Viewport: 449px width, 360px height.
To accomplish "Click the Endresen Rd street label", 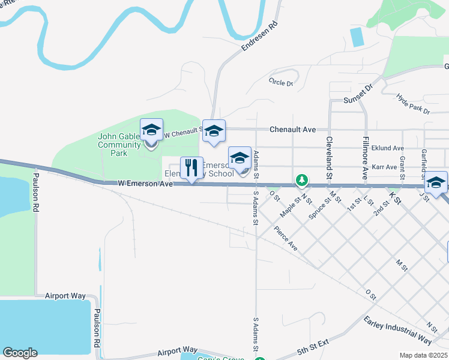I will tap(259, 37).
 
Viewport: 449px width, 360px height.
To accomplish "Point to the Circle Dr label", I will tap(281, 82).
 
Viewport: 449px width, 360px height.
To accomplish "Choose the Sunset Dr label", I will tap(358, 94).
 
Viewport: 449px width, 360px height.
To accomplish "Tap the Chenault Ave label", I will tap(292, 129).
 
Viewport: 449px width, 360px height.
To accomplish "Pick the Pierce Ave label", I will tap(285, 238).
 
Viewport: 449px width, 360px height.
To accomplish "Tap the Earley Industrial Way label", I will tap(397, 330).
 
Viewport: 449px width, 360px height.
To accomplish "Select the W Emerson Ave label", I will tap(145, 182).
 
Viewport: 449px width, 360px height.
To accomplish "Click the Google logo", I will tap(20, 353).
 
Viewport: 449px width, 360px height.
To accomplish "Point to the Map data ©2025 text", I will tap(423, 355).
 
